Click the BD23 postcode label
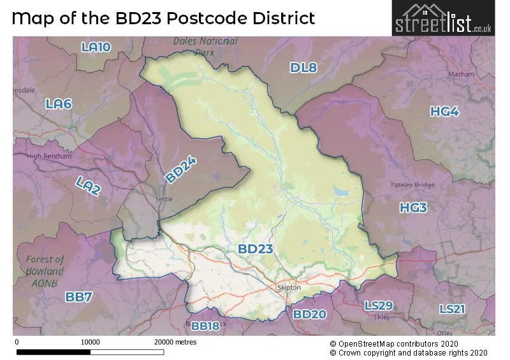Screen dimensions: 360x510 pyautogui.click(x=256, y=249)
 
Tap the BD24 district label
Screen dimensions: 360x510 pyautogui.click(x=180, y=170)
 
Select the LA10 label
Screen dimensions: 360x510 pyautogui.click(x=96, y=47)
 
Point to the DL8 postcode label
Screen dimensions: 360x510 pyautogui.click(x=303, y=68)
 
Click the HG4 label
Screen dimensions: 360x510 pyautogui.click(x=444, y=112)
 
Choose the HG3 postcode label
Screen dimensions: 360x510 pyautogui.click(x=413, y=208)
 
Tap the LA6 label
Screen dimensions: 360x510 pyautogui.click(x=59, y=104)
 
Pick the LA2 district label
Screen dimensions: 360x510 pyautogui.click(x=87, y=185)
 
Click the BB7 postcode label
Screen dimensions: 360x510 pyautogui.click(x=78, y=296)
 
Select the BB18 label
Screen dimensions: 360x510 pyautogui.click(x=205, y=326)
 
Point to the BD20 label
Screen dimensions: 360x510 pyautogui.click(x=309, y=314)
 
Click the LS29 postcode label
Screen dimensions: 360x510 pyautogui.click(x=379, y=306)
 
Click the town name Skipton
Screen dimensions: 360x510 pyautogui.click(x=289, y=288)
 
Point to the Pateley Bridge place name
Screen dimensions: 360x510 pyautogui.click(x=412, y=185)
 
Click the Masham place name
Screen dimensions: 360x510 pyautogui.click(x=462, y=74)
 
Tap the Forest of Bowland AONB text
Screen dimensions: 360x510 pyautogui.click(x=45, y=265)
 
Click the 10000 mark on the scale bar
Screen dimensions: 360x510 pyautogui.click(x=90, y=342)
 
